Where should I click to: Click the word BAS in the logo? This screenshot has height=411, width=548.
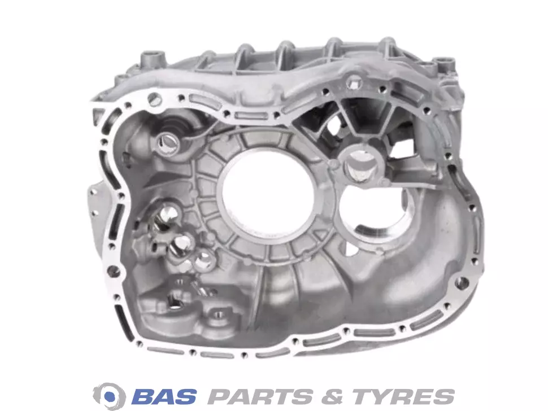164,397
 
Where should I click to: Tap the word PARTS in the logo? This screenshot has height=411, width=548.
260,397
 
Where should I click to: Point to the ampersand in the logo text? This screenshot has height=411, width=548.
332,397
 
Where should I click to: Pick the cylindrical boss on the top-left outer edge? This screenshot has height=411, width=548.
153,58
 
